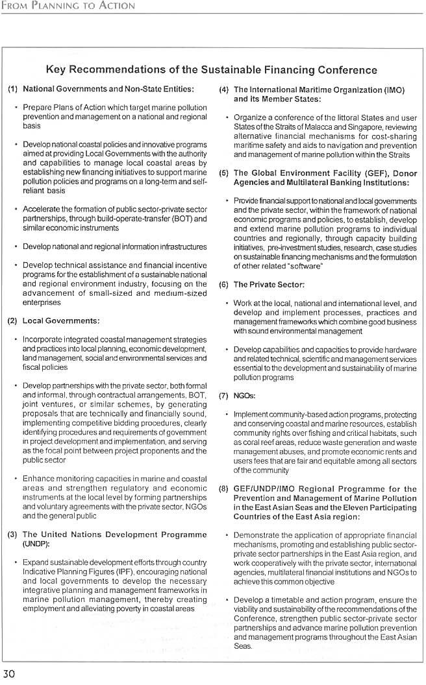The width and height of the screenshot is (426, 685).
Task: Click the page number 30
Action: (x=9, y=674)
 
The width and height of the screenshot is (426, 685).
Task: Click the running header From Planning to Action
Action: (x=68, y=6)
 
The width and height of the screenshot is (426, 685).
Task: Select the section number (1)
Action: (x=12, y=88)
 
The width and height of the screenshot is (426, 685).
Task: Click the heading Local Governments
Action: (x=61, y=320)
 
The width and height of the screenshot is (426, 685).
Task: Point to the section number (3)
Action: (x=12, y=535)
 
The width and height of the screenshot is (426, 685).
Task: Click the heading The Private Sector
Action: (x=269, y=285)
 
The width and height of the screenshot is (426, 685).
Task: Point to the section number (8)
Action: (x=223, y=489)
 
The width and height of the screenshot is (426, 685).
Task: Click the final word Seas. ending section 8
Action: (x=243, y=646)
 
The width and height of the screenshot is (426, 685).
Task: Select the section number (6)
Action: (x=223, y=285)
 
